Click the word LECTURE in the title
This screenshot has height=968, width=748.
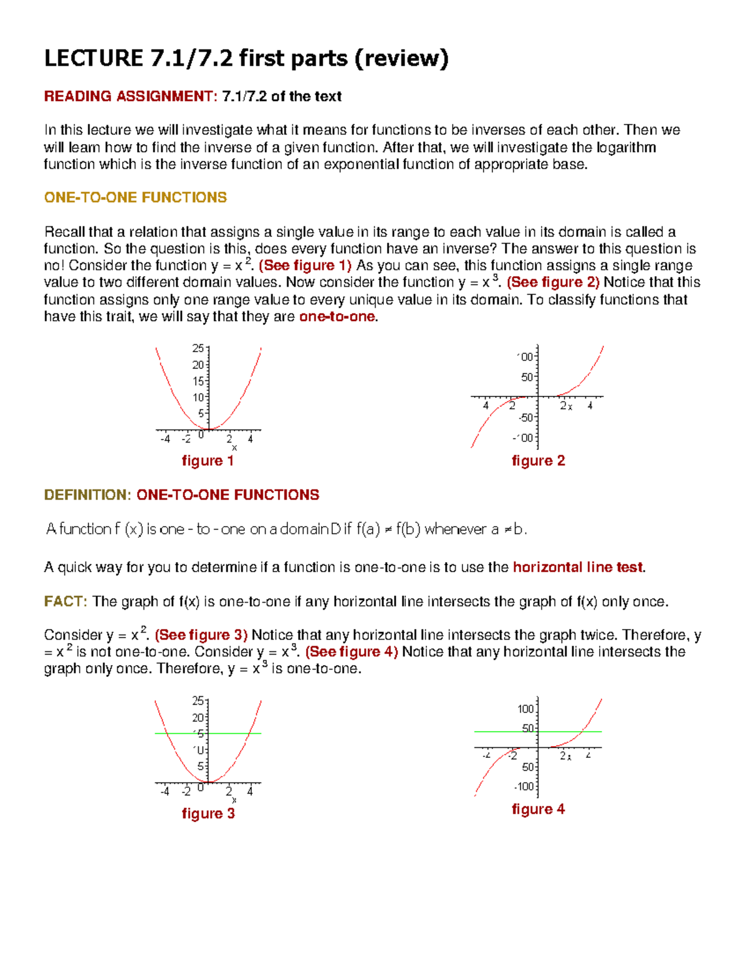(93, 59)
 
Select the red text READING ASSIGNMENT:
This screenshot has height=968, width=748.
(130, 97)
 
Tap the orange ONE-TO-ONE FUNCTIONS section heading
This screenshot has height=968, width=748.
(135, 198)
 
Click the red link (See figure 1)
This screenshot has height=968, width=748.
(305, 266)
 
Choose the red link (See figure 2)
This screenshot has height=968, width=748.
(553, 282)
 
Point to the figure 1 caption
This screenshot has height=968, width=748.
(208, 461)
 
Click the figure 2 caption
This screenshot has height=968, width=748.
(538, 461)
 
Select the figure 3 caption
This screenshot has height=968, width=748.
(208, 813)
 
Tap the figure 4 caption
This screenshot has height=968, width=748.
(538, 809)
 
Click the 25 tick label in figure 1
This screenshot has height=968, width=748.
(198, 348)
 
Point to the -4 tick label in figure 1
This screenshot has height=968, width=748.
(165, 439)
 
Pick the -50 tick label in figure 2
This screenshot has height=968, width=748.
(526, 418)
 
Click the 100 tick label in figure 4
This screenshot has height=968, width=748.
(525, 709)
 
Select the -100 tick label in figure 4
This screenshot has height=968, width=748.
(524, 787)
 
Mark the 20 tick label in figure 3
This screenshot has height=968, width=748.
(198, 717)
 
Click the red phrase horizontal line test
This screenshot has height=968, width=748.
(578, 567)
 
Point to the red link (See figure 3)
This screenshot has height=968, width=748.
(201, 635)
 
